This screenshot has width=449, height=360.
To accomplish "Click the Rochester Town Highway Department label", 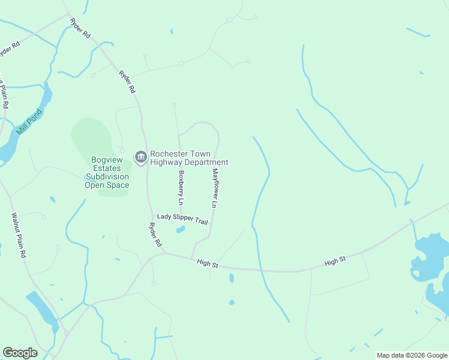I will [189, 158].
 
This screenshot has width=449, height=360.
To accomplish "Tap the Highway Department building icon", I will [141, 158].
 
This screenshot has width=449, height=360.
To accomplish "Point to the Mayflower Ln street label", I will [214, 188].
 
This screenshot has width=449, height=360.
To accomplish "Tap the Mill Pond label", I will [29, 121].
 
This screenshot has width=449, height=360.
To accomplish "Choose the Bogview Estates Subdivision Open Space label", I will [107, 172].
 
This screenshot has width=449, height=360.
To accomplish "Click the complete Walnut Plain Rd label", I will [19, 235].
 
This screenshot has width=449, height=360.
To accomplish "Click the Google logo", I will [20, 353].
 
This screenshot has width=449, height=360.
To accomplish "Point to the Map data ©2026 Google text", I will [411, 355].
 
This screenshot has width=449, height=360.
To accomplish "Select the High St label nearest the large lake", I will [336, 261].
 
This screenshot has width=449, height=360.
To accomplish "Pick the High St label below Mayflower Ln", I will [207, 263].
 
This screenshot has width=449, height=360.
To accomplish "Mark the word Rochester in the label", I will [170, 154].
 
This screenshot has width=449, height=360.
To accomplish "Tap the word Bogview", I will [106, 160].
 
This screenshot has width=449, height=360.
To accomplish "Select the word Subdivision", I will [107, 176].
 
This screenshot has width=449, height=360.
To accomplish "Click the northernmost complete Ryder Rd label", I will [80, 28].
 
